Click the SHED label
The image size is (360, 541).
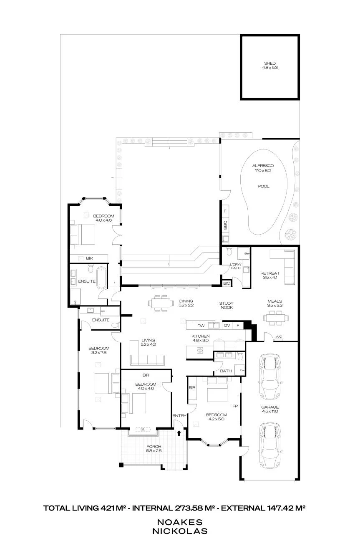coord(270,63)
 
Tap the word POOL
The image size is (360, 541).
coord(264,186)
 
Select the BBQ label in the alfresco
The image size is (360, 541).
coord(225,225)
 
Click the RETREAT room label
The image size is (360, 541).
coord(270,273)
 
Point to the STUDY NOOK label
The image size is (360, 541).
coord(227,305)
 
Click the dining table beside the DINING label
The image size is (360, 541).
coord(161,303)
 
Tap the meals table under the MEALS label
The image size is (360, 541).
coord(276,318)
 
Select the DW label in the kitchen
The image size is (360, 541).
coord(201,326)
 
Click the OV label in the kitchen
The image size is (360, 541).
coord(227,325)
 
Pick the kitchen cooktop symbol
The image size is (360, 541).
coord(200,350)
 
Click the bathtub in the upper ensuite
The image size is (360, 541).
coord(101,278)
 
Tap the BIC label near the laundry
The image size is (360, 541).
coord(227,283)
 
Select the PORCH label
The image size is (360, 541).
coord(154,447)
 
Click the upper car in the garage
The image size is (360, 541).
coord(270,376)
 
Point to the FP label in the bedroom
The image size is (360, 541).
coord(235,406)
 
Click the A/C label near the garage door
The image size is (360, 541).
coord(279,337)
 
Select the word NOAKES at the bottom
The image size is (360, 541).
coord(180,522)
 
